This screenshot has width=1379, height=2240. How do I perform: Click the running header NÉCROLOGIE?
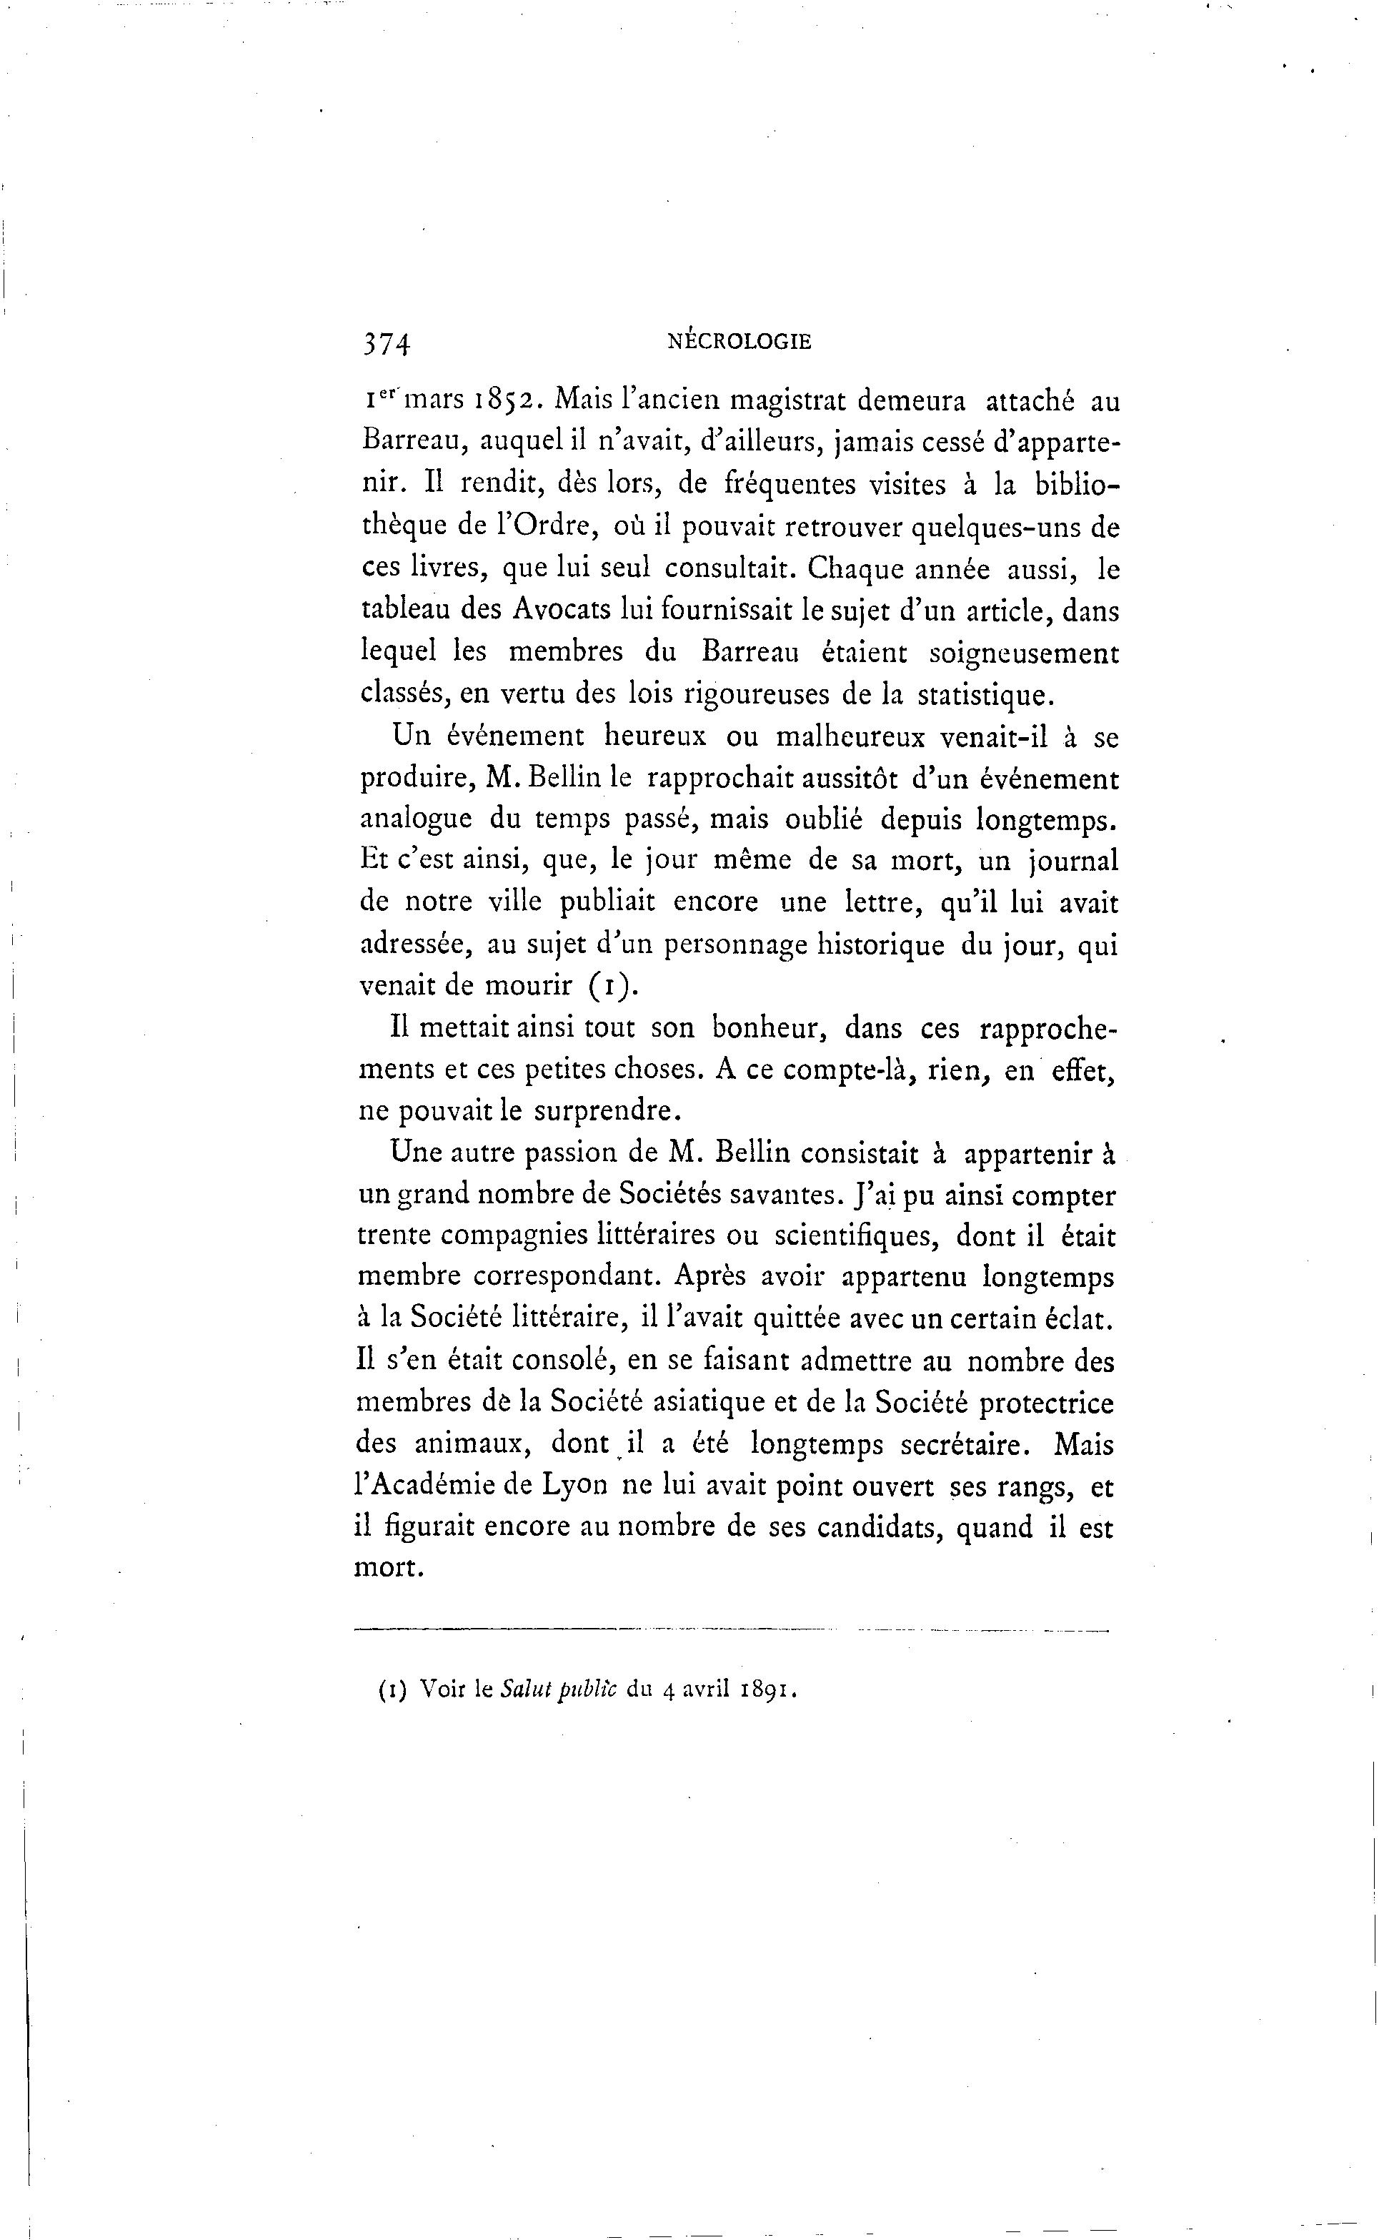point(739,342)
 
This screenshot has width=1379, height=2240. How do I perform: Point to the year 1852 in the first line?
point(497,400)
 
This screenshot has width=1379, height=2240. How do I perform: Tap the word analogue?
point(416,819)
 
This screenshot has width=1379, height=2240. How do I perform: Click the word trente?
point(397,1236)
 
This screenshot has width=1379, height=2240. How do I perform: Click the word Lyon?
point(574,1486)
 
